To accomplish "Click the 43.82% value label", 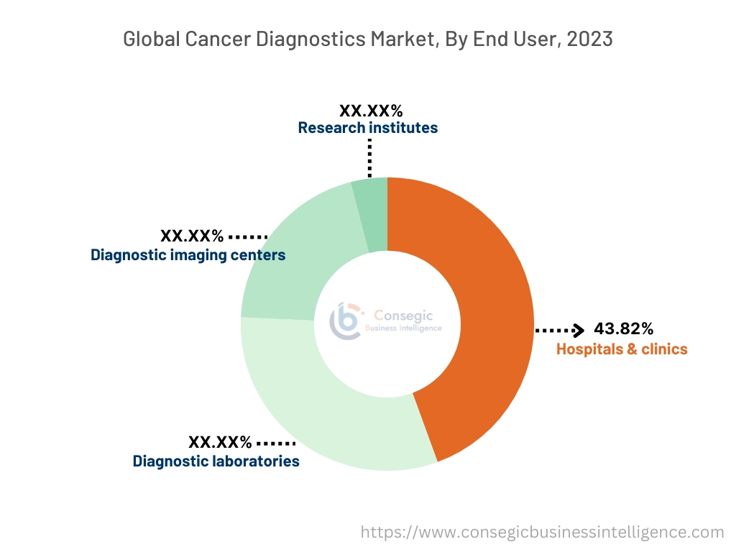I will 623,329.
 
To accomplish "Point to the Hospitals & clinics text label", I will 622,349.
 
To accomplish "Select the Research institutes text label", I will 367,128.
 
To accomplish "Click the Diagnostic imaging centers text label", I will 188,255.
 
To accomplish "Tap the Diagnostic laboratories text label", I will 216,461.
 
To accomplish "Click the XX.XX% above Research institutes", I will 370,111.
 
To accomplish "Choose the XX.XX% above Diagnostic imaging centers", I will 192,236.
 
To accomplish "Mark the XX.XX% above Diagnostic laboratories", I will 220,442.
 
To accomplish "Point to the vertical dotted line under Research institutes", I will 369,157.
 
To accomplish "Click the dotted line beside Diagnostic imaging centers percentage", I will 248,236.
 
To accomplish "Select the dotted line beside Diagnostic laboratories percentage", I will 276,443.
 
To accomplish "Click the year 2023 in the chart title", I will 589,39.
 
